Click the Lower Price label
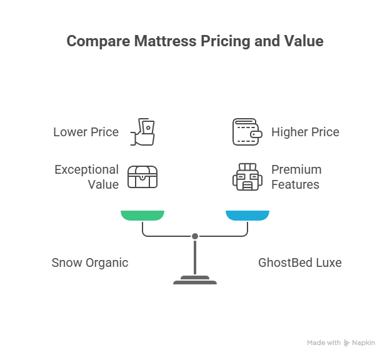(86, 132)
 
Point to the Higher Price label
(305, 132)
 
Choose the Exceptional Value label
(86, 177)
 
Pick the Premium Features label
(296, 177)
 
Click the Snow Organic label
(90, 262)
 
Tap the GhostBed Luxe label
(300, 262)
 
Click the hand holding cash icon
(142, 131)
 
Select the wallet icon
(247, 132)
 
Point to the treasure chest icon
(142, 177)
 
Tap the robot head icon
(247, 177)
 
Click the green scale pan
(142, 216)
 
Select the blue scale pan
(247, 216)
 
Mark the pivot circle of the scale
(195, 236)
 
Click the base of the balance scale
(195, 281)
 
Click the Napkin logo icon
(347, 343)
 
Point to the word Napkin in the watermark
(363, 343)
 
